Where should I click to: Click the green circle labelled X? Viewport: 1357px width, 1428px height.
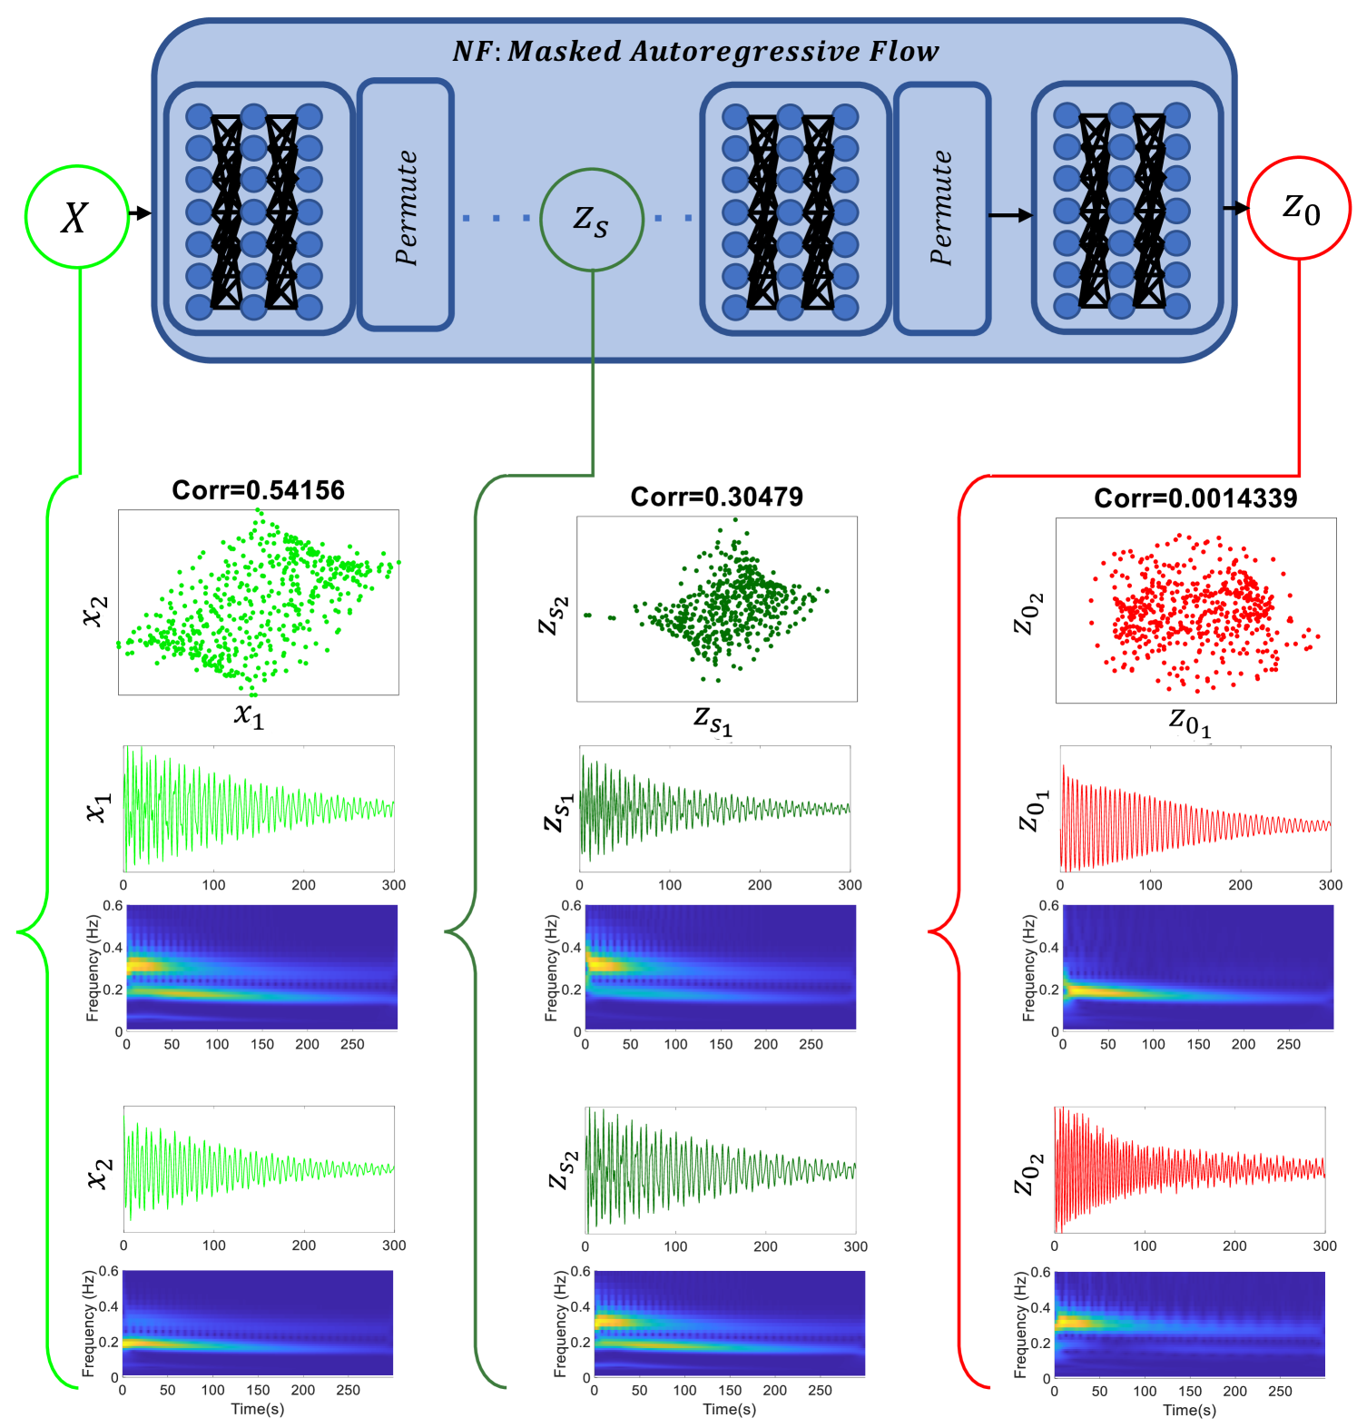click(x=76, y=217)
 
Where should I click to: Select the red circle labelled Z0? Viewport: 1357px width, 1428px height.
click(x=1299, y=208)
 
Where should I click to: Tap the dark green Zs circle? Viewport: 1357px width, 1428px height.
click(x=592, y=219)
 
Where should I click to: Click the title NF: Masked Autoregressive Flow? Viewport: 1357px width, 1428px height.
click(x=695, y=51)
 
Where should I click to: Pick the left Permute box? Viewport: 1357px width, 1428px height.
click(x=405, y=205)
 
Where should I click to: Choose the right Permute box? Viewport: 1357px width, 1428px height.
click(x=941, y=208)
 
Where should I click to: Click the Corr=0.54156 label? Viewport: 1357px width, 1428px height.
click(x=259, y=490)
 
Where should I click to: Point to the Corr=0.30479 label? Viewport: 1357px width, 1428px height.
click(x=716, y=497)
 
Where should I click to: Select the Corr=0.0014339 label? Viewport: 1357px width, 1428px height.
click(x=1195, y=497)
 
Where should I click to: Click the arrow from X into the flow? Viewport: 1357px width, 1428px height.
click(x=140, y=213)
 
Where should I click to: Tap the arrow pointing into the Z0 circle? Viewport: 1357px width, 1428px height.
click(x=1235, y=209)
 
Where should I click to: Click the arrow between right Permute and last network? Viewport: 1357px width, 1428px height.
click(x=1010, y=215)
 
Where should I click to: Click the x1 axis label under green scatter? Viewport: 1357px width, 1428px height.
click(x=249, y=716)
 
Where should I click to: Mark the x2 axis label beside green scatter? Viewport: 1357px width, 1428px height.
click(x=95, y=611)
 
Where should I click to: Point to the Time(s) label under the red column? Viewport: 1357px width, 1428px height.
click(x=1189, y=1410)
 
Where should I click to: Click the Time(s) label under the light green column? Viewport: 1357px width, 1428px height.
click(x=257, y=1409)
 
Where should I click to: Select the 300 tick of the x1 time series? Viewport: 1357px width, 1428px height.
click(x=394, y=885)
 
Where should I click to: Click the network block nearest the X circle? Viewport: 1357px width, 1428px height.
click(x=258, y=210)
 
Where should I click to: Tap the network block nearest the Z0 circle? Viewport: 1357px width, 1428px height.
click(x=1126, y=210)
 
